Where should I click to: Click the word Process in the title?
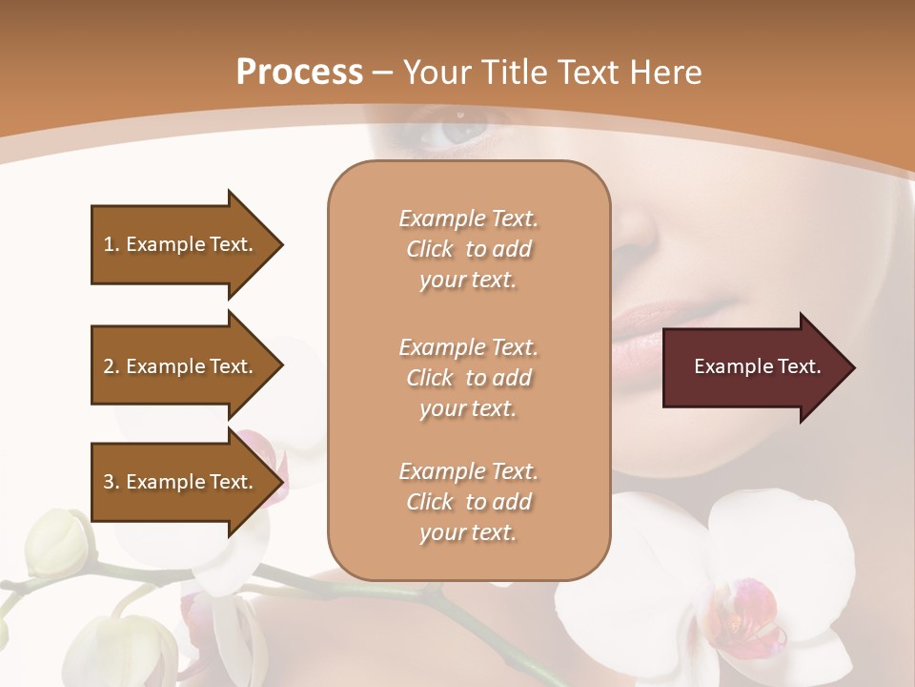point(299,72)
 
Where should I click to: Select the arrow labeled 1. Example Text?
point(181,244)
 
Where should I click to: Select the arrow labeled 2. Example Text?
point(181,366)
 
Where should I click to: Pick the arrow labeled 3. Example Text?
point(181,482)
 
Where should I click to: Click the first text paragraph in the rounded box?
point(468,249)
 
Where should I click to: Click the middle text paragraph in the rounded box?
point(468,378)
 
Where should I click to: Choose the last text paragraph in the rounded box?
point(468,502)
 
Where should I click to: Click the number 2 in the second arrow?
point(109,366)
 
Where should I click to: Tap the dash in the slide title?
point(383,73)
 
